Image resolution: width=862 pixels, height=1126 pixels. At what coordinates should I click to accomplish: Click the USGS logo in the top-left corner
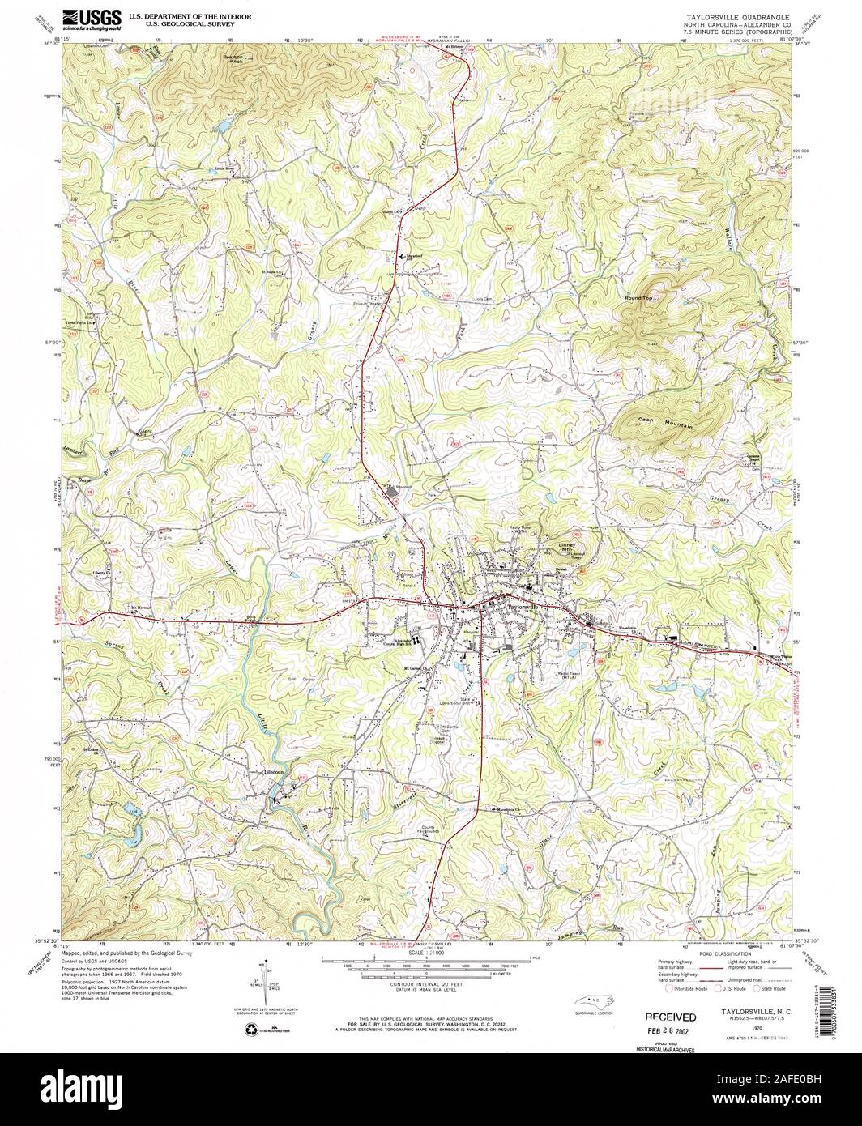click(x=91, y=19)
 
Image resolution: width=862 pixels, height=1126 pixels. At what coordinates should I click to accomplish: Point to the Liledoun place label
click(x=271, y=772)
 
